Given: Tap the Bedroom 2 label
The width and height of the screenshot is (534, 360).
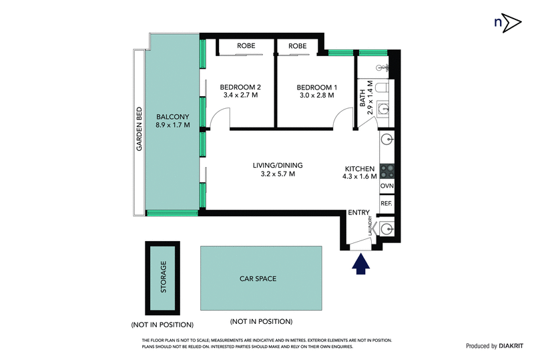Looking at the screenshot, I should [x=240, y=87].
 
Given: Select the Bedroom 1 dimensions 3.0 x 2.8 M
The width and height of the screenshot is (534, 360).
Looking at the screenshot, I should [x=317, y=96].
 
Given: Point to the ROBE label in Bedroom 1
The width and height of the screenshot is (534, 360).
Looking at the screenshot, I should [x=298, y=46].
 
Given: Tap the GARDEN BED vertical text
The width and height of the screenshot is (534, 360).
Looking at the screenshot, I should [x=140, y=129].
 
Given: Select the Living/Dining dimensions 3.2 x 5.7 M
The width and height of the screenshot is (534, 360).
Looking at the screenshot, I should [x=274, y=174].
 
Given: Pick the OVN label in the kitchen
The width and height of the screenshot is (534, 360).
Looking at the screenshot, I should [x=387, y=186].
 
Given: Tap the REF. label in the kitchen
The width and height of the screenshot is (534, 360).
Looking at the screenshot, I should [x=387, y=203].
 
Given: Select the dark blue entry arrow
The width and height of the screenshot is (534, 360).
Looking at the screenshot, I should [x=361, y=265].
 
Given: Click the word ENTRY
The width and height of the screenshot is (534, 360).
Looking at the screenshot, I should [x=359, y=213].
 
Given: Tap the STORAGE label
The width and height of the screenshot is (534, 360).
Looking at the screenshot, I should [x=163, y=277].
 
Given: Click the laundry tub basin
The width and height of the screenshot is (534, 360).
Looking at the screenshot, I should [x=388, y=229].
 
